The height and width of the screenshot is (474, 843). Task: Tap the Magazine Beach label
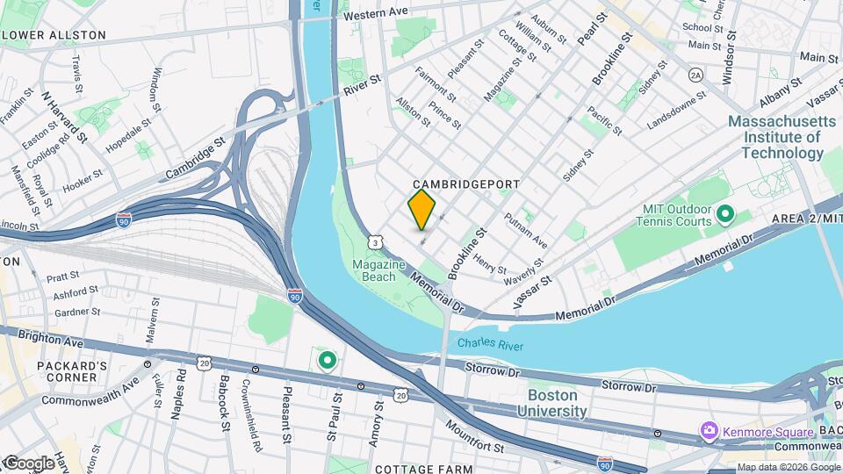tap(378, 270)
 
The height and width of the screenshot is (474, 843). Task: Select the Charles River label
tap(490, 345)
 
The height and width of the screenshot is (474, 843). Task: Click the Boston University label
tap(551, 403)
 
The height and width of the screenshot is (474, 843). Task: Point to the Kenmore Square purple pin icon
tap(710, 430)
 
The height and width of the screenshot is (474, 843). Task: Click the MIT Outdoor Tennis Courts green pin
tap(725, 213)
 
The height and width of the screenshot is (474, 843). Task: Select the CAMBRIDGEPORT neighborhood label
tap(465, 184)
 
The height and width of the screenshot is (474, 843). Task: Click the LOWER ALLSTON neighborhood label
tap(54, 35)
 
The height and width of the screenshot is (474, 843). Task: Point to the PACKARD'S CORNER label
tap(54, 370)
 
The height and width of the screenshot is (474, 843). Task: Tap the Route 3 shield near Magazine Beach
tap(376, 241)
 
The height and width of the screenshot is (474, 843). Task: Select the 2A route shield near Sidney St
tap(695, 75)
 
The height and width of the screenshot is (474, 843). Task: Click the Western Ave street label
tap(376, 15)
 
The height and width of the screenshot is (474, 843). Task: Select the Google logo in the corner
tap(28, 463)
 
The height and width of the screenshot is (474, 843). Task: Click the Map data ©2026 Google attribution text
tap(788, 467)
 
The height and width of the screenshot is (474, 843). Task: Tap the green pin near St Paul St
tap(328, 359)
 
